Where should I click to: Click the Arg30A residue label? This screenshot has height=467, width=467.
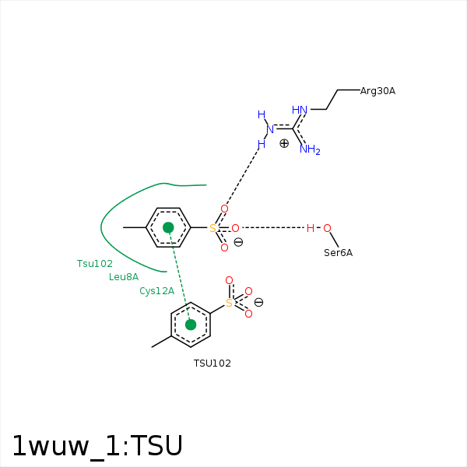coord(377,91)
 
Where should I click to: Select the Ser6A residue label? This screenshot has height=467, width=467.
coord(338,253)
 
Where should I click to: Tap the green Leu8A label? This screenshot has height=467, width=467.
coord(124,277)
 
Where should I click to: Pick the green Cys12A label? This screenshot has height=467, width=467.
coord(157,291)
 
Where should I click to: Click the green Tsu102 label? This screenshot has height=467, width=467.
coord(95,264)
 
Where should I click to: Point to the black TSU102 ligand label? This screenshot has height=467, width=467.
coord(212,363)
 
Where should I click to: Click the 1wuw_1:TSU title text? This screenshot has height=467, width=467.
coord(97,446)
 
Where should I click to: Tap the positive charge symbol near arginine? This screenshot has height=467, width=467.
coord(284,143)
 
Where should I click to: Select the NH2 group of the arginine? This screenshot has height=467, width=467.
coord(310,149)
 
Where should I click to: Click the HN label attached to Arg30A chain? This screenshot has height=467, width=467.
coord(300,110)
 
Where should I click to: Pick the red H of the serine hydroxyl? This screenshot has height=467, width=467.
coord(311,228)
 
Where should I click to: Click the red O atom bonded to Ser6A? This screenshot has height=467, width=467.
coord(327,228)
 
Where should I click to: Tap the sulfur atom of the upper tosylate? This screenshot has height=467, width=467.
coord(212,228)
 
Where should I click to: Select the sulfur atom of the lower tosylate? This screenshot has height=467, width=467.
coord(229,304)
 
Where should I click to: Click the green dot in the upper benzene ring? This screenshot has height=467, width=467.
coord(168,227)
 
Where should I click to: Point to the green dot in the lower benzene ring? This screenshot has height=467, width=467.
coord(191,325)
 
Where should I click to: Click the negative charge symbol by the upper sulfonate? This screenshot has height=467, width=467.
coord(238,242)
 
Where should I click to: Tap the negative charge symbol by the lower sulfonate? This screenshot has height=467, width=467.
coord(258,302)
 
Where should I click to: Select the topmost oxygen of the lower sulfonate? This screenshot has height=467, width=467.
coord(229,280)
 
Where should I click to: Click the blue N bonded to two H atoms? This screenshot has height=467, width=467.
coord(270,129)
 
